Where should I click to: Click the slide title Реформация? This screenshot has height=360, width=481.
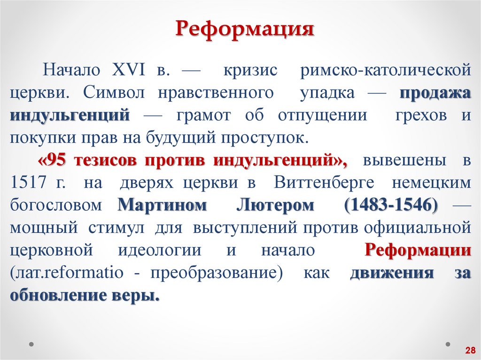pos(245,29)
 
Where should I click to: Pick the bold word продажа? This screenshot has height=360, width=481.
pos(435,92)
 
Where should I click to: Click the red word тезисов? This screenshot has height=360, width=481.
pos(106,160)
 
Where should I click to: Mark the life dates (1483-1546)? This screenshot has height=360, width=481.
pos(391,205)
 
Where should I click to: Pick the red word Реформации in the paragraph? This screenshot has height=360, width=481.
pos(418,250)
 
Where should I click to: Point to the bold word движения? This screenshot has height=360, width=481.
pos(392,273)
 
